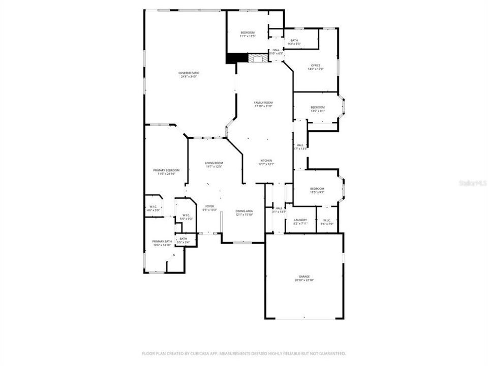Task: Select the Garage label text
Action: tap(304, 277)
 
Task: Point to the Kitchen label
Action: tap(266, 160)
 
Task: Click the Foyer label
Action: tap(209, 206)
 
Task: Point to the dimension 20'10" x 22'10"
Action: tap(304, 281)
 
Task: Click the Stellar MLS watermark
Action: tap(473, 181)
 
